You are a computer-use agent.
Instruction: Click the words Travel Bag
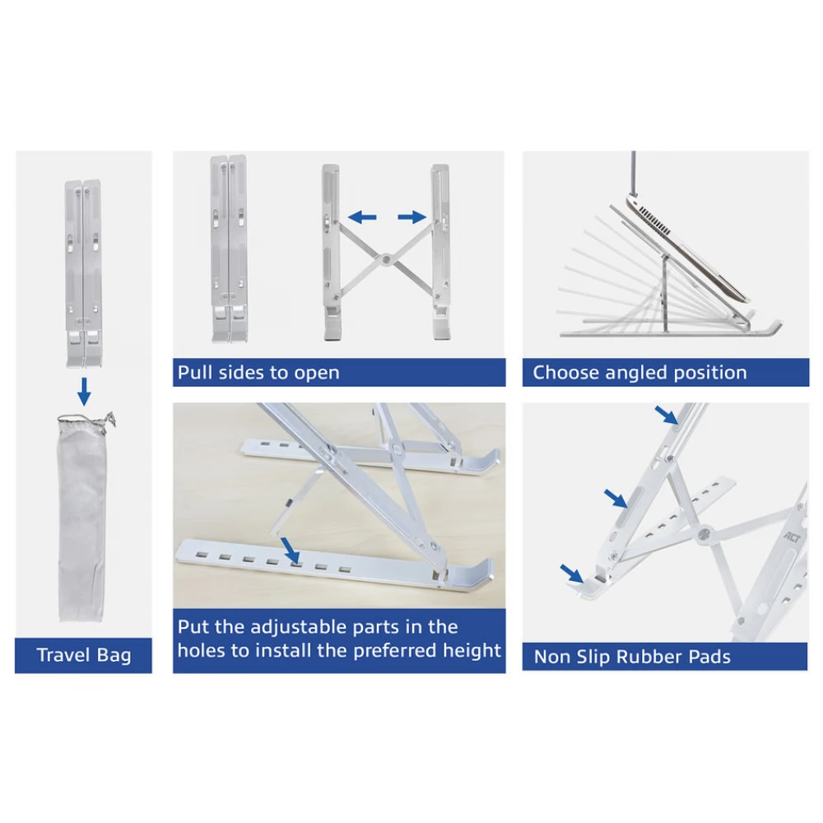[83, 655]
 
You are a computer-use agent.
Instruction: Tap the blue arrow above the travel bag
[84, 390]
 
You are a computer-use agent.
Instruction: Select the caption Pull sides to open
[258, 373]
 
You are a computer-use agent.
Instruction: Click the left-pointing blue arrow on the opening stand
[362, 216]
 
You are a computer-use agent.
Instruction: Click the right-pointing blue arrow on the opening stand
[412, 216]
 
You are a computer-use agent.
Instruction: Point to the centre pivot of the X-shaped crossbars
[386, 259]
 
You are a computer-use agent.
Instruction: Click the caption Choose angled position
[639, 373]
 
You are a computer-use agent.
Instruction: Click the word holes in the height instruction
[201, 650]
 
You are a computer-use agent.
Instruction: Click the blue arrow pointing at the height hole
[291, 550]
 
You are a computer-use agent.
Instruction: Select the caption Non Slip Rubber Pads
[632, 657]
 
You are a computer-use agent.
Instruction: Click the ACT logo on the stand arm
[793, 537]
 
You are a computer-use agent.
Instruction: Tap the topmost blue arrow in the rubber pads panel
[667, 415]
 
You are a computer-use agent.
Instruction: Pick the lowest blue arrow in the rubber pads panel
[572, 574]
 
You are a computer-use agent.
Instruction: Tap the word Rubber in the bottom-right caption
[648, 657]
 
